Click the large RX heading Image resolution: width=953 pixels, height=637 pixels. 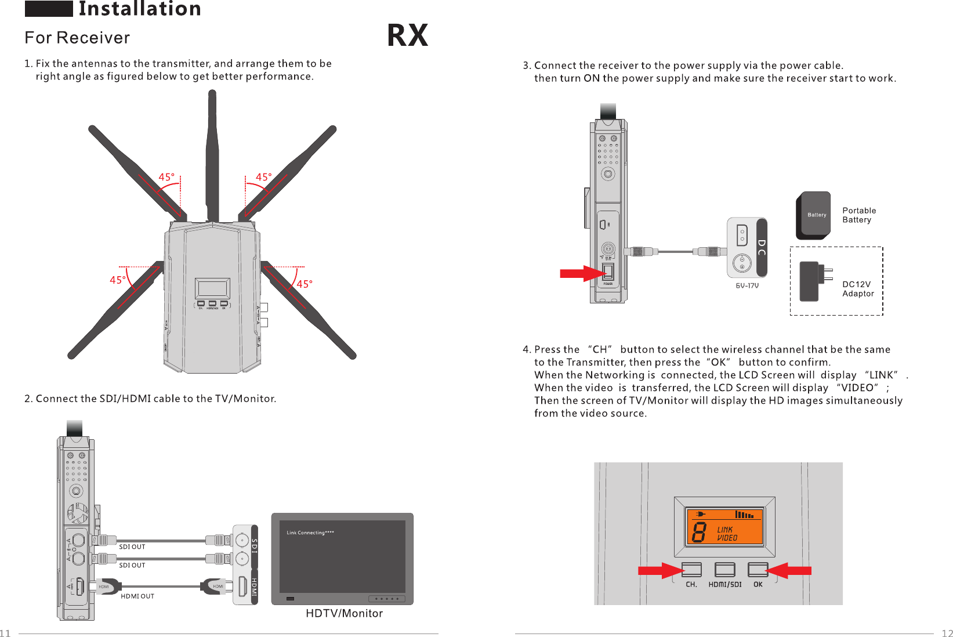(407, 35)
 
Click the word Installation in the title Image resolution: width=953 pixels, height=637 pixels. (140, 9)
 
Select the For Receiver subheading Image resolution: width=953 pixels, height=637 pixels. (77, 38)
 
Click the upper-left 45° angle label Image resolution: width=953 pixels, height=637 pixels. (166, 177)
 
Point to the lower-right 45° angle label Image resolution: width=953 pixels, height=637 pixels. (305, 284)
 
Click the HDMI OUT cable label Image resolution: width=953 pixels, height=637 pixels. (137, 596)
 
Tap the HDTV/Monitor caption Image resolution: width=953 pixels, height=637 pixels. (344, 613)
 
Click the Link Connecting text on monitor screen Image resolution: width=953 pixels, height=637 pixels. (310, 533)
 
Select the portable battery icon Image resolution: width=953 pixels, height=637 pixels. (813, 215)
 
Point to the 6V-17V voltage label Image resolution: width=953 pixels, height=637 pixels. (747, 285)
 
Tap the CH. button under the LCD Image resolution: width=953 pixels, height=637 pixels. (691, 570)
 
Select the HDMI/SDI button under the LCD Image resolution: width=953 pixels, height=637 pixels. (724, 570)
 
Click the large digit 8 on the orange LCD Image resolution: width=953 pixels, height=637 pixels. (700, 532)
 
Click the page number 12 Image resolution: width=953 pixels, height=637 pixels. (947, 633)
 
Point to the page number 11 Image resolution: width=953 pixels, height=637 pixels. (5, 633)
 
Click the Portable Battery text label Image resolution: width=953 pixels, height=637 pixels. (859, 215)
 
